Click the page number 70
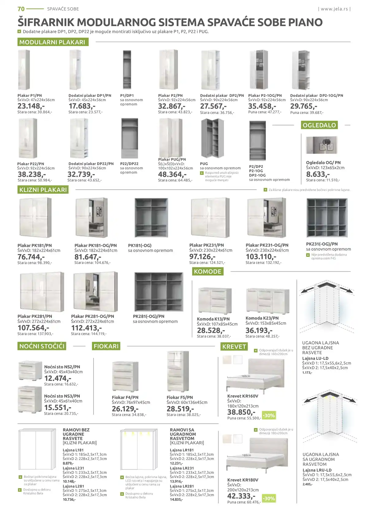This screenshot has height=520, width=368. point(21,9)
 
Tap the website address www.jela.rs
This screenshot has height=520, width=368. point(334,9)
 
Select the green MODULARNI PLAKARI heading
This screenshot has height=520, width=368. point(52,42)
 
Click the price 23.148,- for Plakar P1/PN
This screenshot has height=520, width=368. point(31,106)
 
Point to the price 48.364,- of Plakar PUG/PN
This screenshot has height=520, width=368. point(172,174)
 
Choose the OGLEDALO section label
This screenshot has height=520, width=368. point(319,125)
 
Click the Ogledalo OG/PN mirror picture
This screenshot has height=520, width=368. point(321,145)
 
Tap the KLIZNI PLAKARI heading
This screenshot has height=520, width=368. point(43,190)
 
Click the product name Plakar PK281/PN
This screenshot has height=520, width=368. point(35,316)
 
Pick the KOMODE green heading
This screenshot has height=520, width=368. point(208,271)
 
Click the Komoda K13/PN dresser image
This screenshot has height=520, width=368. point(215,301)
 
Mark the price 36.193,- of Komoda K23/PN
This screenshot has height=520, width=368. point(259,330)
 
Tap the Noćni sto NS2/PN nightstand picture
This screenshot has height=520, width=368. point(30,370)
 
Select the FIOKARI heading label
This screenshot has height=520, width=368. point(106,346)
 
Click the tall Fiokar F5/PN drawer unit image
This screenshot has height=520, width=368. point(178,371)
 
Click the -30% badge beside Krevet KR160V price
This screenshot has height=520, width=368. point(269,416)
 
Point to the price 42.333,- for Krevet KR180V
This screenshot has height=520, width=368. point(241,496)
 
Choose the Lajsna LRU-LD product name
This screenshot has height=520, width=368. point(317,470)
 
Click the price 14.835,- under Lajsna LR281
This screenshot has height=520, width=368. point(176,499)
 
